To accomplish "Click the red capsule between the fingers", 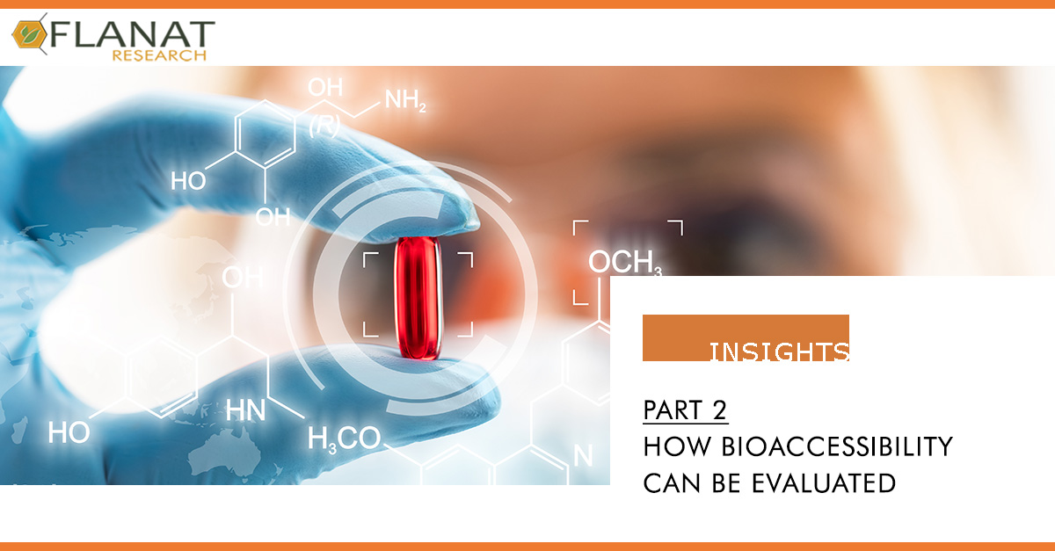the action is pyautogui.click(x=418, y=299).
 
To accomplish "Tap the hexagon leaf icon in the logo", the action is pyautogui.click(x=30, y=34).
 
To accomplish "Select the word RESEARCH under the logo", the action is pyautogui.click(x=159, y=55).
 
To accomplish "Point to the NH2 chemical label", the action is pyautogui.click(x=405, y=101).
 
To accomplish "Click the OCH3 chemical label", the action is pyautogui.click(x=625, y=262).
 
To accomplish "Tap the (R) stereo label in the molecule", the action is pyautogui.click(x=324, y=126).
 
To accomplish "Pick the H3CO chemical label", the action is pyautogui.click(x=344, y=439).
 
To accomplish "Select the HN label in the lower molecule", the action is pyautogui.click(x=245, y=410).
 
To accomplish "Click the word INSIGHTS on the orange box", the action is pyautogui.click(x=780, y=352).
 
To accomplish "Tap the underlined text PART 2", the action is pyautogui.click(x=685, y=410).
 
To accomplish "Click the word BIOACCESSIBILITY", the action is pyautogui.click(x=837, y=446).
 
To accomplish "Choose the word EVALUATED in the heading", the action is pyautogui.click(x=824, y=483).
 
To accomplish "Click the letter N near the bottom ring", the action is pyautogui.click(x=583, y=455).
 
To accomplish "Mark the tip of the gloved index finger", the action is pyautogui.click(x=477, y=221).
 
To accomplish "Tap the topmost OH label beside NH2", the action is pyautogui.click(x=325, y=88).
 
